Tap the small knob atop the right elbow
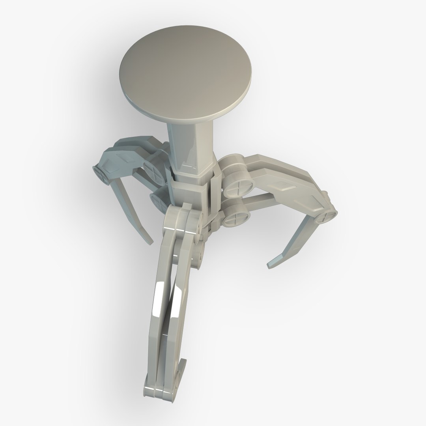(325, 194)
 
